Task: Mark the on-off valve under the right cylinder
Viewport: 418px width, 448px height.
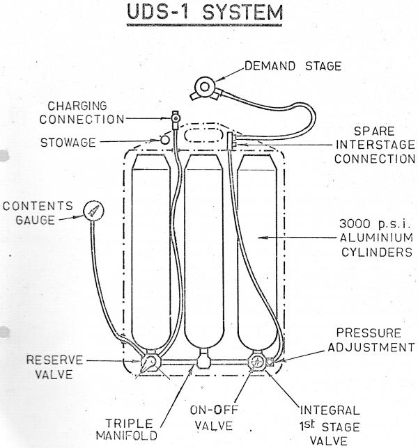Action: (257, 362)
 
